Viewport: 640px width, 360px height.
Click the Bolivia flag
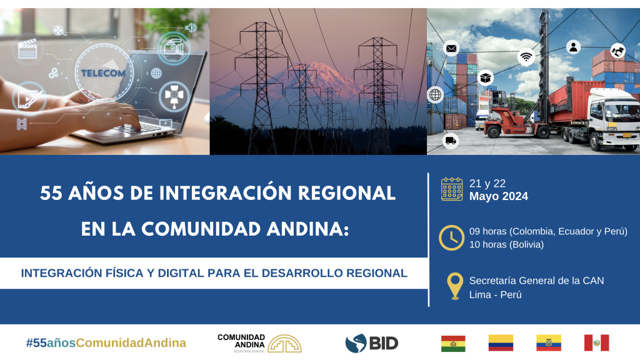(x=453, y=343)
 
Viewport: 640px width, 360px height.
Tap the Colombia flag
(x=501, y=343)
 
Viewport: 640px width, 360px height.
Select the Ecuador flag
(x=549, y=343)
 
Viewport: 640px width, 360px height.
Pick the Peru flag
(x=596, y=343)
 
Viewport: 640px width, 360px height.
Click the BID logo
(x=371, y=343)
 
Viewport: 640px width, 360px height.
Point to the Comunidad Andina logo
(x=259, y=343)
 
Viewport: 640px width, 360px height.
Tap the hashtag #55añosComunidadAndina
(x=106, y=343)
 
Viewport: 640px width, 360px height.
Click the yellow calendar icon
(x=451, y=189)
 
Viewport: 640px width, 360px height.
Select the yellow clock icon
(x=451, y=237)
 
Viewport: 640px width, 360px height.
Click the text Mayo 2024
(x=498, y=196)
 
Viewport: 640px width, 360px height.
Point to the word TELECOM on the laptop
(x=103, y=74)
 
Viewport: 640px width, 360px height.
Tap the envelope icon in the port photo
(x=451, y=49)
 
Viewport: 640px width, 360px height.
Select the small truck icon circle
(x=451, y=141)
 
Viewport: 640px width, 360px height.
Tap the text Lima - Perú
(x=495, y=295)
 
